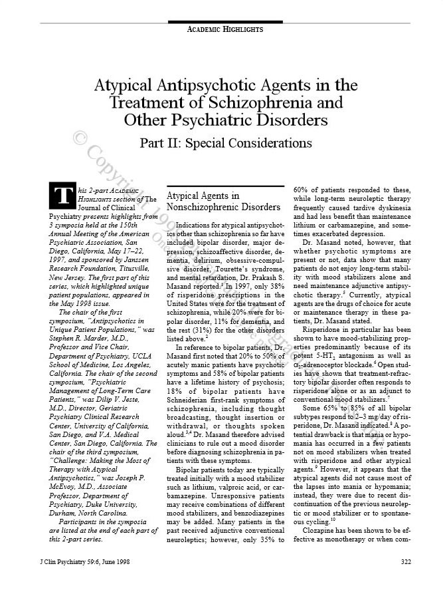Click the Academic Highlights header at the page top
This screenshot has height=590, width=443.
tap(225, 29)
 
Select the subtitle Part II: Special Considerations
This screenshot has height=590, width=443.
tap(225, 143)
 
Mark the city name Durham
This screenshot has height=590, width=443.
tap(64, 502)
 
